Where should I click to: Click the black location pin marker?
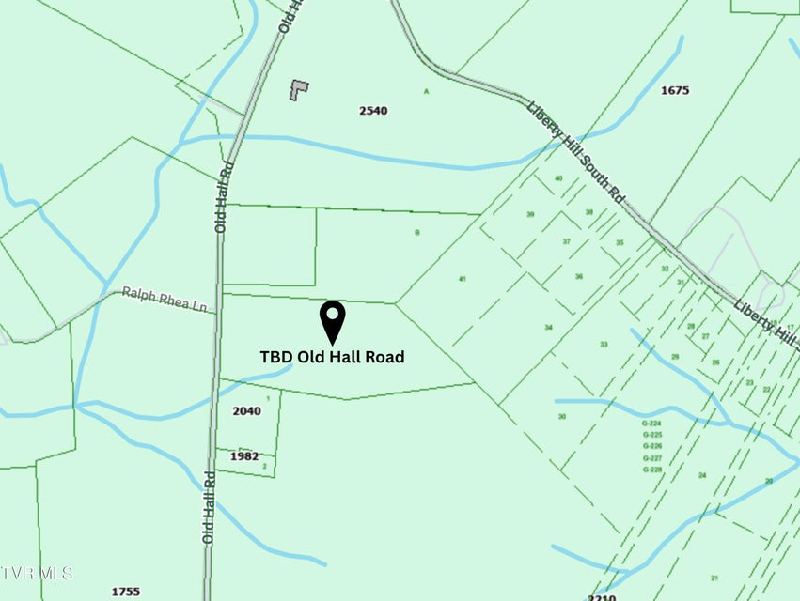[333, 321]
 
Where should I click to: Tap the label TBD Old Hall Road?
[332, 357]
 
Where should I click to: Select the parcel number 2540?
[373, 111]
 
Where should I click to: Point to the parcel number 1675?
[675, 91]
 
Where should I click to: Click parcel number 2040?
[246, 411]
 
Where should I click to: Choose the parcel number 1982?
[244, 456]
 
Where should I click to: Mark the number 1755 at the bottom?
[125, 592]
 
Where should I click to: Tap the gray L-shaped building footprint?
[299, 90]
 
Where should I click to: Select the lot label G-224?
[652, 424]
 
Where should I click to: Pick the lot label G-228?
[652, 470]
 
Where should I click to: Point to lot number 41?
[462, 279]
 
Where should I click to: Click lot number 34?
[548, 328]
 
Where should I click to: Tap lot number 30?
[562, 416]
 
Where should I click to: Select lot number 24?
[701, 475]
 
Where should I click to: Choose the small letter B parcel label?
[416, 231]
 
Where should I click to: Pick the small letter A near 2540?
[426, 91]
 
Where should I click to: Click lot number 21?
[714, 578]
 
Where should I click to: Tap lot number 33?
[604, 345]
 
